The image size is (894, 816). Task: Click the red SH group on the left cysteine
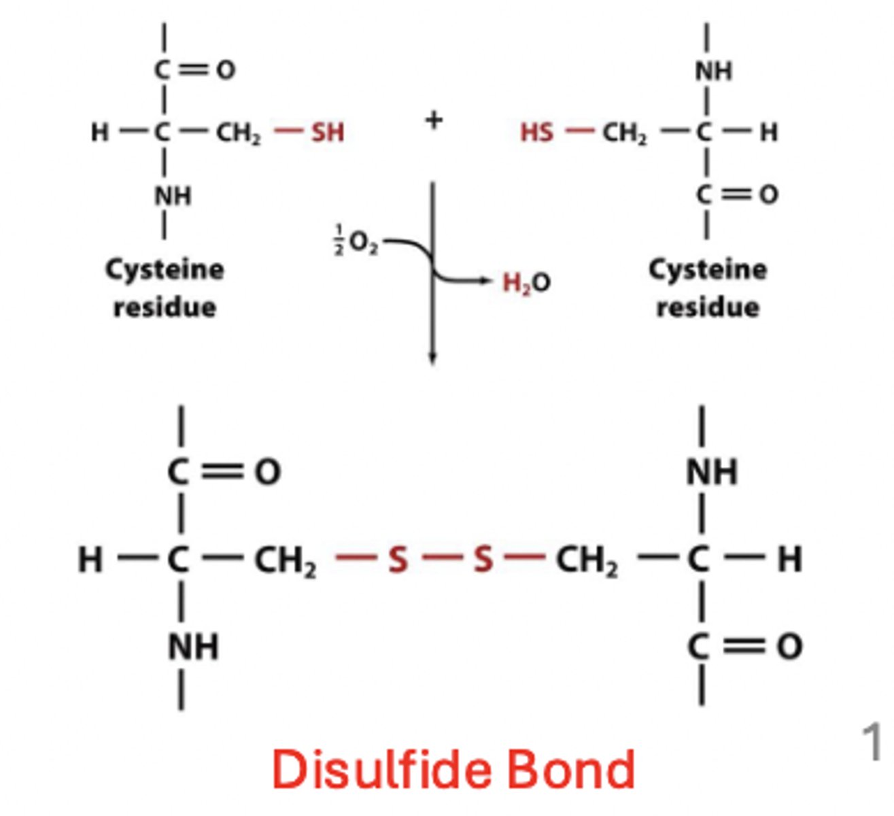[328, 132]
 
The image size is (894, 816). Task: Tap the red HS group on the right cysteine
[536, 132]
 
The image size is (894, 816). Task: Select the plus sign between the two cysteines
[434, 120]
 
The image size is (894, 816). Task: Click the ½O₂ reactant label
[356, 243]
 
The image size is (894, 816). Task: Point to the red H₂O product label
[526, 282]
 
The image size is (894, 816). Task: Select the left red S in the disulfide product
[398, 560]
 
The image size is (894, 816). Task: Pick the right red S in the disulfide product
[483, 560]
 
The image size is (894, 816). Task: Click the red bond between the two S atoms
[441, 560]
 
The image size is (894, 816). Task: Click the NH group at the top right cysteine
[712, 71]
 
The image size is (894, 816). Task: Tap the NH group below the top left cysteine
[173, 197]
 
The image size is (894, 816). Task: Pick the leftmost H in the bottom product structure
[90, 560]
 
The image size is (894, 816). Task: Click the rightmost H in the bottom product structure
[789, 560]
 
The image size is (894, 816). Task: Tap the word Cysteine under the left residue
[165, 270]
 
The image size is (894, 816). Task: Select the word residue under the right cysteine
[708, 307]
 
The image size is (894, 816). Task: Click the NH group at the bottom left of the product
[193, 647]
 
